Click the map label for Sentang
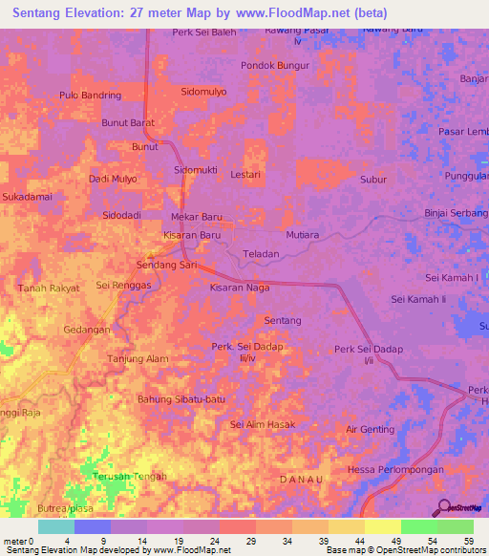[x=283, y=320]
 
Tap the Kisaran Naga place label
[x=240, y=287]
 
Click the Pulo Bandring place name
[x=90, y=96]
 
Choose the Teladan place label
[x=261, y=254]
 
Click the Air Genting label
[x=370, y=430]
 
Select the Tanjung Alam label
[x=138, y=359]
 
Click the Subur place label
[x=372, y=179]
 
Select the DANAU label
[x=299, y=477]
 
